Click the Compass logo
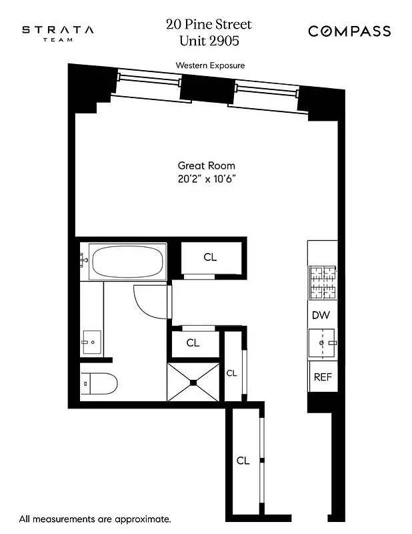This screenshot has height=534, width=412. (x=349, y=31)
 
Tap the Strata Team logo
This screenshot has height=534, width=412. (x=58, y=33)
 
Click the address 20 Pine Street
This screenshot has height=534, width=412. (x=209, y=25)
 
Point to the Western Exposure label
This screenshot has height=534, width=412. (x=210, y=65)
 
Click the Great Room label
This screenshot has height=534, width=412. (x=206, y=166)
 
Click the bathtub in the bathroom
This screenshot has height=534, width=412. (x=128, y=262)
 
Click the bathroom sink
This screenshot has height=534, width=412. (x=92, y=342)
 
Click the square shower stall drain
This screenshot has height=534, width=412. (x=193, y=382)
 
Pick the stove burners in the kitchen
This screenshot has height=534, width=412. (x=323, y=282)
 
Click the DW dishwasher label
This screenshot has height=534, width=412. (x=321, y=315)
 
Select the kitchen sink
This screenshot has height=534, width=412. (x=323, y=343)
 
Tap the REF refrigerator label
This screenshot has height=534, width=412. (x=323, y=376)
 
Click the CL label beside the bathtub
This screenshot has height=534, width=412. (x=210, y=256)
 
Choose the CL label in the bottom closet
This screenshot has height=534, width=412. (x=243, y=461)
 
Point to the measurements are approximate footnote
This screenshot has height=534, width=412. (x=95, y=518)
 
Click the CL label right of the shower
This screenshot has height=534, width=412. (x=231, y=373)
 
